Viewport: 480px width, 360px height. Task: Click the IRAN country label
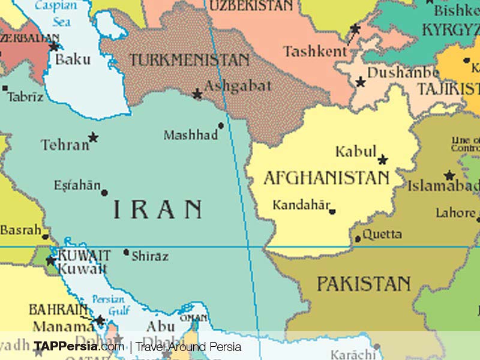coord(158,209)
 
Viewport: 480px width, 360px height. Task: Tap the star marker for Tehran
coord(93,137)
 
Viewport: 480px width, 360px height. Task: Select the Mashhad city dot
coord(221,126)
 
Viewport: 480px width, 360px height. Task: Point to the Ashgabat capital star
coord(197,94)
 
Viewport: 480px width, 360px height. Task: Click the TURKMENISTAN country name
coord(190,60)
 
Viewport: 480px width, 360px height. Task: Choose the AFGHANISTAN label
coord(326,178)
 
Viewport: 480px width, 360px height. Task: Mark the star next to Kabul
coord(383,160)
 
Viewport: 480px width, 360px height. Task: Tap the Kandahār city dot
coord(332,211)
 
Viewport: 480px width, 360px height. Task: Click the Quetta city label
coord(382,234)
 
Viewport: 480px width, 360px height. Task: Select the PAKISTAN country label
coord(364,283)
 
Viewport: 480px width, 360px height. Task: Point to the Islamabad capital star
coord(449,176)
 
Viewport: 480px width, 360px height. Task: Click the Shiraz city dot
coord(126,252)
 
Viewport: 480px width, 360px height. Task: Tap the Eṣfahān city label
coord(77,185)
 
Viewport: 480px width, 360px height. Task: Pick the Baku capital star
coord(54,46)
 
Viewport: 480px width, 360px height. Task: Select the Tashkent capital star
coord(355,28)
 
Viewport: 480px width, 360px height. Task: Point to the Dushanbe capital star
coord(361,82)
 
